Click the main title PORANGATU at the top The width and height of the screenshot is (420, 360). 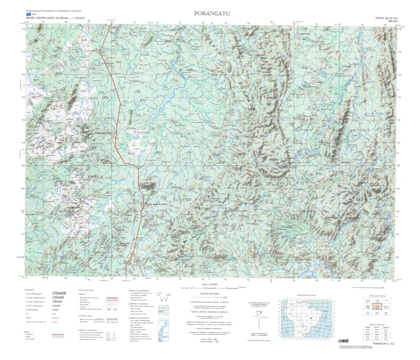212,13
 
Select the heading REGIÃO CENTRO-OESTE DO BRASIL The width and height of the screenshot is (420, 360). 48,18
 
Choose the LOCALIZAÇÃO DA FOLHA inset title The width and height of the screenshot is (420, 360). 304,295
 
